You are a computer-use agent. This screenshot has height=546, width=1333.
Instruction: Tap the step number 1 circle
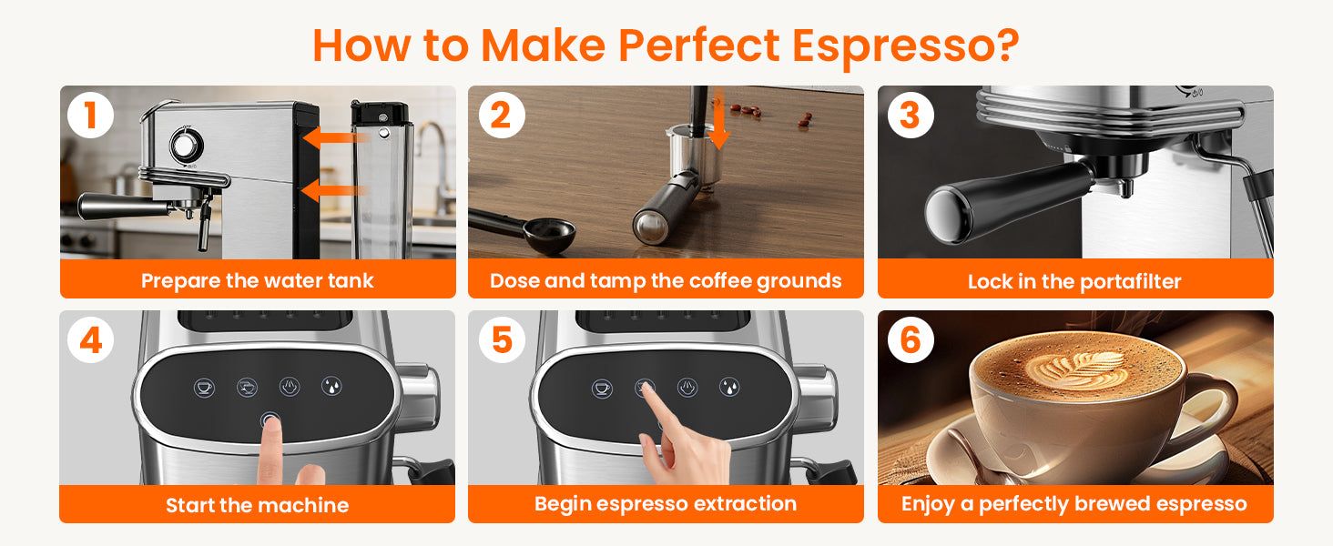point(90,115)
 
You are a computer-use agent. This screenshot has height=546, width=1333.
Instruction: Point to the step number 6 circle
point(911,339)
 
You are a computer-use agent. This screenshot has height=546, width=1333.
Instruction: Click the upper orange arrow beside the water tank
point(336,137)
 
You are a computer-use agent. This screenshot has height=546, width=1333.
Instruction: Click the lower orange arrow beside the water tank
point(334,190)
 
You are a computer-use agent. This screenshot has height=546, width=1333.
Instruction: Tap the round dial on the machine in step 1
point(187,146)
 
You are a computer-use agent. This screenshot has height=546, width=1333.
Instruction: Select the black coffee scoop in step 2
point(523,229)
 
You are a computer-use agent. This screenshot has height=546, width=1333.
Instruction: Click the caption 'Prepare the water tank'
point(257,280)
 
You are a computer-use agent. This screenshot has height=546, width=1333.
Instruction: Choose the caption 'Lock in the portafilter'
point(1074,281)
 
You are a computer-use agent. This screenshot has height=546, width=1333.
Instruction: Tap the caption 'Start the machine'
point(257,505)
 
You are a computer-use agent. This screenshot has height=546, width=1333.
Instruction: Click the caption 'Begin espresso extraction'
point(666,504)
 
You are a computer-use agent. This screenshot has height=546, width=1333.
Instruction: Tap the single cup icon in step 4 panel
point(204,388)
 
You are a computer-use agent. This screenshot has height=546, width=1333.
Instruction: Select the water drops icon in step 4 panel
point(331,387)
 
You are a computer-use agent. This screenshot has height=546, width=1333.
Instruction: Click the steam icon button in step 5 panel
point(687,388)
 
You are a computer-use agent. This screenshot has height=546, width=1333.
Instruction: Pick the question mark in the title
point(1006,45)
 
